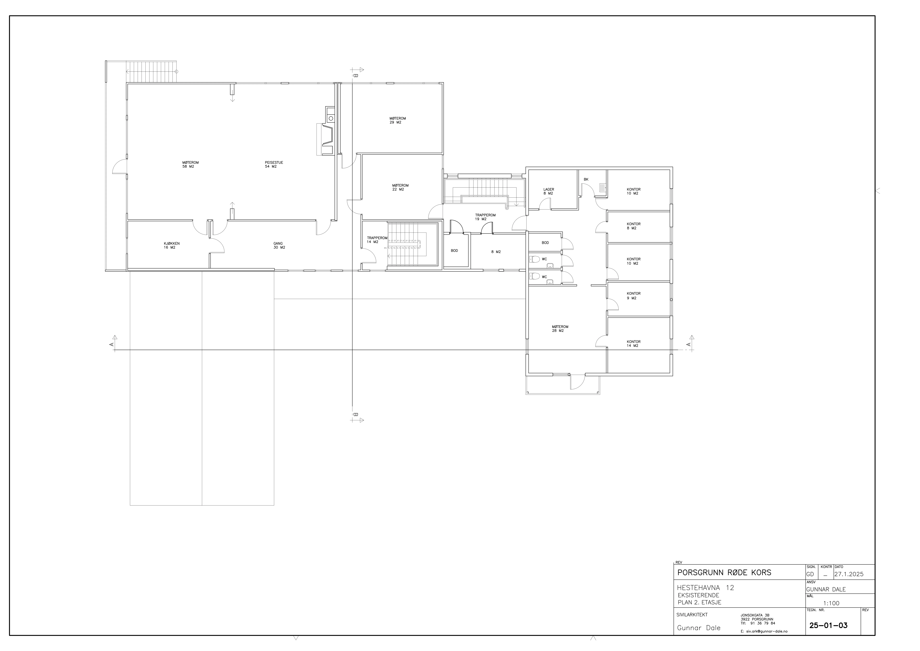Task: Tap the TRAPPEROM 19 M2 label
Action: tap(485, 217)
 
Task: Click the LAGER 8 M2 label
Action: tap(549, 191)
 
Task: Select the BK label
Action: tap(586, 179)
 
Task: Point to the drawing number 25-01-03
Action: tap(828, 625)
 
